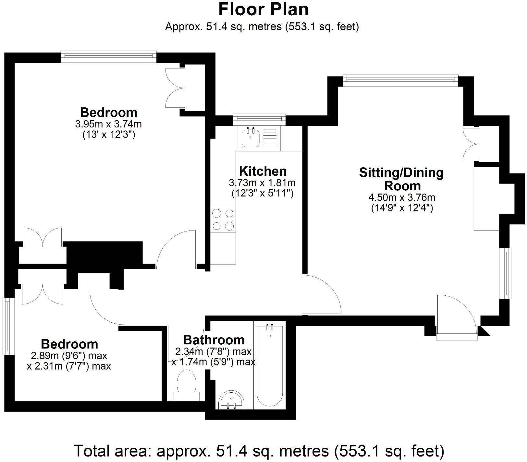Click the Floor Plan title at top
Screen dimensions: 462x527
click(x=263, y=9)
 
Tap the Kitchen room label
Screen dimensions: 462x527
click(x=263, y=171)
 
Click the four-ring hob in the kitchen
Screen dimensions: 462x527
click(x=223, y=219)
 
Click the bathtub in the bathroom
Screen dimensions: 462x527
click(x=270, y=365)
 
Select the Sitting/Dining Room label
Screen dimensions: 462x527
click(x=401, y=179)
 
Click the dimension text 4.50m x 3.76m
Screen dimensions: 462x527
click(x=402, y=197)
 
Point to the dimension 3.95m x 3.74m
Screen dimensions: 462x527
click(x=108, y=124)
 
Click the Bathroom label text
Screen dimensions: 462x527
click(x=214, y=340)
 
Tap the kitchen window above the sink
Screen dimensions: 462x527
click(x=259, y=119)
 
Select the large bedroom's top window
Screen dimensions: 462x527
click(x=109, y=56)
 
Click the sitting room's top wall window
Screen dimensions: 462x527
click(x=400, y=80)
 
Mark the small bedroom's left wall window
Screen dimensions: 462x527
click(x=7, y=326)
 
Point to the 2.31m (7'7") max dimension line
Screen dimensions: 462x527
click(x=69, y=366)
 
